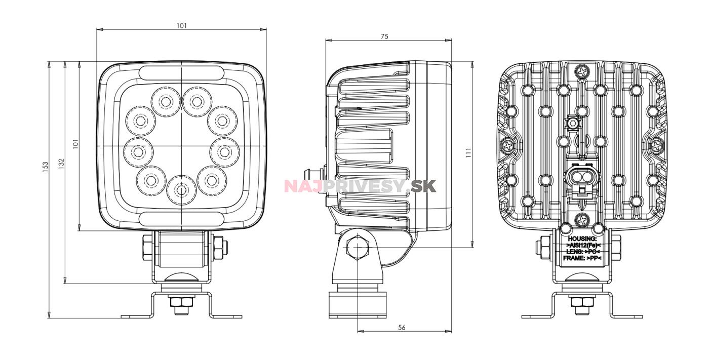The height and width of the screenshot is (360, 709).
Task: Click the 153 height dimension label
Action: click(x=45, y=167)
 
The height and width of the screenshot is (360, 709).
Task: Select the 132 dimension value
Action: click(x=61, y=164)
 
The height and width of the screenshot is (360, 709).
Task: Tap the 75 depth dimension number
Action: click(x=384, y=36)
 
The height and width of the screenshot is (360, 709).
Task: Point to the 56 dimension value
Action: click(x=401, y=328)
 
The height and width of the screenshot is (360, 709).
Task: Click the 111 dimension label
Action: click(x=469, y=153)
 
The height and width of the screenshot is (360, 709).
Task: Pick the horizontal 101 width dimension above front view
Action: click(x=182, y=26)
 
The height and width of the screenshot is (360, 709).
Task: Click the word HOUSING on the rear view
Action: click(x=582, y=239)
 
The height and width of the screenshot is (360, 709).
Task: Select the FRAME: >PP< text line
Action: click(x=582, y=258)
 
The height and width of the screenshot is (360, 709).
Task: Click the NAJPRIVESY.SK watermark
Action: click(x=360, y=186)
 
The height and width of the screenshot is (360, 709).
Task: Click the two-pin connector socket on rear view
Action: click(x=582, y=176)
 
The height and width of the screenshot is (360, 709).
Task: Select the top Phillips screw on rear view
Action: click(x=582, y=71)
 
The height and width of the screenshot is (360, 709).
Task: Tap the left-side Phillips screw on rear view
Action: click(x=507, y=146)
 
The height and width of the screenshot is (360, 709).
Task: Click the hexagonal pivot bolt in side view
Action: click(x=358, y=248)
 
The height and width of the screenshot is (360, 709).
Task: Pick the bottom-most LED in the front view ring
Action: click(x=181, y=190)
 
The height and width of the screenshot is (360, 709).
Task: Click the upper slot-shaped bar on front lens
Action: click(x=182, y=73)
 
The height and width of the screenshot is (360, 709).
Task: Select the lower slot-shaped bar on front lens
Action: click(x=182, y=219)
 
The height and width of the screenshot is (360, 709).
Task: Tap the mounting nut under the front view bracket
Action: click(x=181, y=302)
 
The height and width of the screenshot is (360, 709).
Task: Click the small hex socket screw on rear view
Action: click(x=572, y=123)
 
